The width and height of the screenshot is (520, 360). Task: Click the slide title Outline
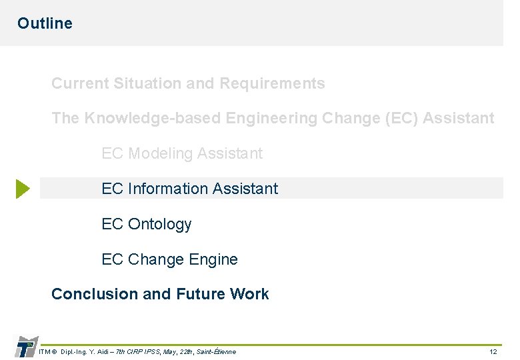[x=45, y=23]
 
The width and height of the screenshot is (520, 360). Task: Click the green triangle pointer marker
[x=23, y=189]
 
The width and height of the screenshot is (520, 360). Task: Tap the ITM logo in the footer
[x=25, y=347]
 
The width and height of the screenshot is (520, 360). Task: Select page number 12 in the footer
[x=493, y=351]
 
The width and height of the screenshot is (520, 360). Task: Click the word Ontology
[x=159, y=225]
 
